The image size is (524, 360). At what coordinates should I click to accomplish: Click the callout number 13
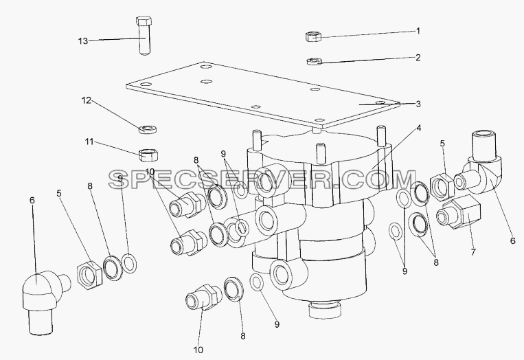tap(83, 41)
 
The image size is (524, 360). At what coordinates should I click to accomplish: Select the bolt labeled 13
tap(144, 36)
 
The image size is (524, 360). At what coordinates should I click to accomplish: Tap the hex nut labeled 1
tap(313, 36)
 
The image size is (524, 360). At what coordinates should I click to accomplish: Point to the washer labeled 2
tap(314, 62)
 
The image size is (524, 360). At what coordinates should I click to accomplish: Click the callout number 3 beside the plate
tap(418, 104)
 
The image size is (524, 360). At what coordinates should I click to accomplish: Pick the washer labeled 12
tap(148, 128)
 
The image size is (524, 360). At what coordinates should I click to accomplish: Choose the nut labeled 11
tap(149, 155)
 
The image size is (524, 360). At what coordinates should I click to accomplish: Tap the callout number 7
tap(473, 252)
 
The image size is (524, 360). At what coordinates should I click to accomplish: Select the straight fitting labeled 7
tap(459, 213)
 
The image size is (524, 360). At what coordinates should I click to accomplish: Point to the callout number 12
tap(87, 100)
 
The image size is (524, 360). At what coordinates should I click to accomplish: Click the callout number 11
tap(89, 142)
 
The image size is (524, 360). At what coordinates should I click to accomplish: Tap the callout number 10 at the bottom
tap(198, 350)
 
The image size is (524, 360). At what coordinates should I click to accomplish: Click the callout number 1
tap(418, 31)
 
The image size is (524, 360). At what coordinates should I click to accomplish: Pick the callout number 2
tap(418, 58)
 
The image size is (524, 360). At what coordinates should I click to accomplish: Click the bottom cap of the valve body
tap(326, 310)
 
